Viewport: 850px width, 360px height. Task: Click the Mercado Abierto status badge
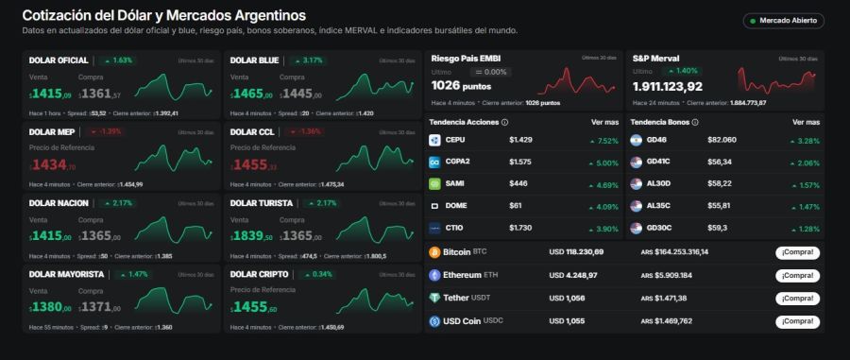tap(783, 21)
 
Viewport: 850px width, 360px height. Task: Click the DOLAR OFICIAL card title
tap(59, 60)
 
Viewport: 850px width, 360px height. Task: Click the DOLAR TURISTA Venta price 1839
tap(250, 236)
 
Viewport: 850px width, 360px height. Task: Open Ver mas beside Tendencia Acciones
tap(604, 122)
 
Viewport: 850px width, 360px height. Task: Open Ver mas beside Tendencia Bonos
tap(806, 122)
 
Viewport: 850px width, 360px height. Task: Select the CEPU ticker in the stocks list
tap(455, 140)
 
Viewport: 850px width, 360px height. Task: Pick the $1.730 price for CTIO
tap(520, 228)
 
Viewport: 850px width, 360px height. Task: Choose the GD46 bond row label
tap(657, 140)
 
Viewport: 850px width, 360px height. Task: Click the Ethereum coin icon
tap(435, 275)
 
